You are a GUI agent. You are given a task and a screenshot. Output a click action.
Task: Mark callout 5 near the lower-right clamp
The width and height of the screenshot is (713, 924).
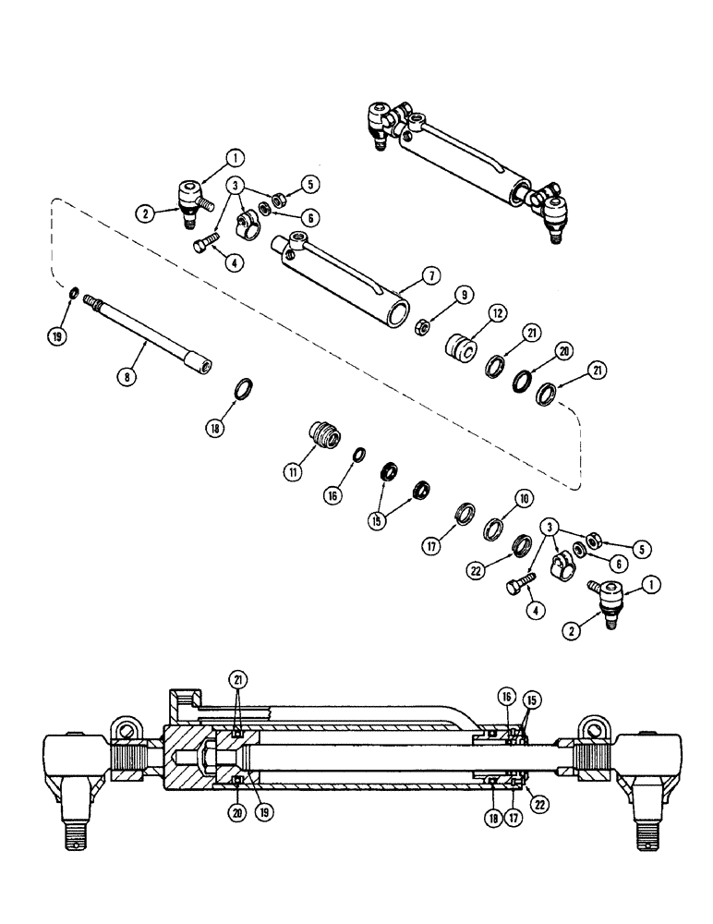click(x=641, y=549)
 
